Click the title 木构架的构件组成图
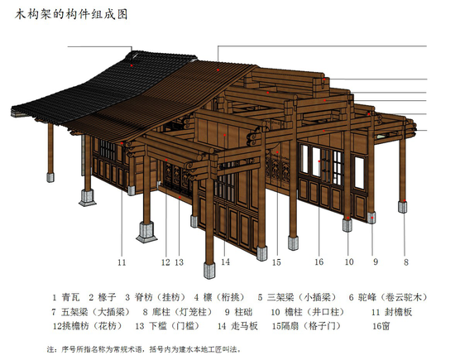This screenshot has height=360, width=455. (71, 14)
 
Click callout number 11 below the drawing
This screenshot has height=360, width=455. (122, 262)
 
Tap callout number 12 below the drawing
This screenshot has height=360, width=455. (165, 262)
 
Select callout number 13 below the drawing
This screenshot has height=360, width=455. (180, 262)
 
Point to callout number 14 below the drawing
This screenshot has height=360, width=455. (226, 262)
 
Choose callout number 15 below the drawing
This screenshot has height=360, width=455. (276, 262)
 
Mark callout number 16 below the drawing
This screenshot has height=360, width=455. (318, 262)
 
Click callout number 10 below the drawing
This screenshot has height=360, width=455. (349, 262)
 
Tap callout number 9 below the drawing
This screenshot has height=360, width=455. (376, 262)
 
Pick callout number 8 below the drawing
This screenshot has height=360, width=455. (406, 262)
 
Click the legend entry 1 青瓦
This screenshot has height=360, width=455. (66, 297)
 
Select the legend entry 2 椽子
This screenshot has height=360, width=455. (103, 297)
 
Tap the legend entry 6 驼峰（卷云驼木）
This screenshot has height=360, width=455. (388, 297)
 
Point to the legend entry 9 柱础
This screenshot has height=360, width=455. (239, 312)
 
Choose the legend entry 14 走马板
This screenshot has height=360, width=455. (237, 326)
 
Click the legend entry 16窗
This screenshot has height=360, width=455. (381, 326)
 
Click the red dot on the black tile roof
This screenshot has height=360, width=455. (132, 65)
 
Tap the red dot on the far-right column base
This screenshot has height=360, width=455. (405, 200)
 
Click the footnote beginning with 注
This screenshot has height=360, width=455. (144, 349)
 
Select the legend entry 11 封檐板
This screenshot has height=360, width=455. (392, 312)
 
